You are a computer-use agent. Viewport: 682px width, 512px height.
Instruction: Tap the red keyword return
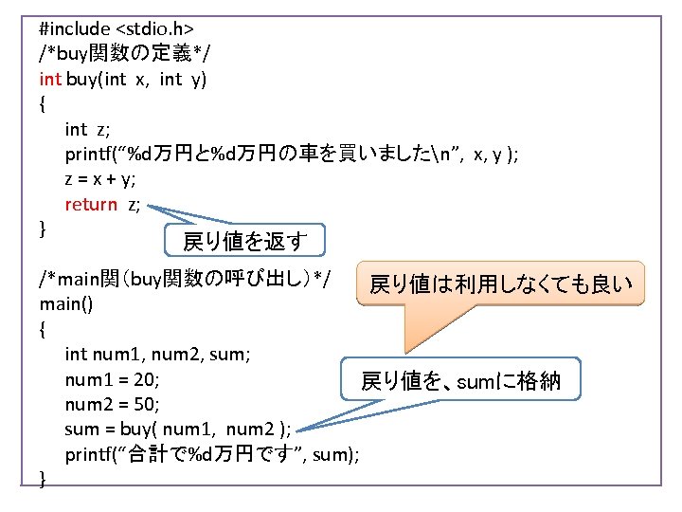coord(91,204)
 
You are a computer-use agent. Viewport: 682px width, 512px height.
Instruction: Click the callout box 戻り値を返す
coord(244,241)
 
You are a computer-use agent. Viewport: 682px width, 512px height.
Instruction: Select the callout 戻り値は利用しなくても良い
coord(499,283)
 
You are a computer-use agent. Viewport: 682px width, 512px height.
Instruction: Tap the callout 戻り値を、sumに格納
coord(460,381)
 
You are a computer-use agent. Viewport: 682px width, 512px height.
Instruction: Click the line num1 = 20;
coord(113,379)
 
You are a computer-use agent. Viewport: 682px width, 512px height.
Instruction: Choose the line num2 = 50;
coord(113,405)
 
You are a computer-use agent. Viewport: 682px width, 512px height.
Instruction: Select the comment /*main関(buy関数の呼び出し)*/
coord(185,280)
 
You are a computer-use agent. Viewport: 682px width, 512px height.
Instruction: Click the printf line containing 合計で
coord(211,455)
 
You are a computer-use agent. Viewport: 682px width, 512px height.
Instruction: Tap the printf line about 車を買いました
coord(291,154)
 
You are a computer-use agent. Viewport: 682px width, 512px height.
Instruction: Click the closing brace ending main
coord(44,480)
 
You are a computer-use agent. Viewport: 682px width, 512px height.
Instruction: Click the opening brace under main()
coord(44,330)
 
